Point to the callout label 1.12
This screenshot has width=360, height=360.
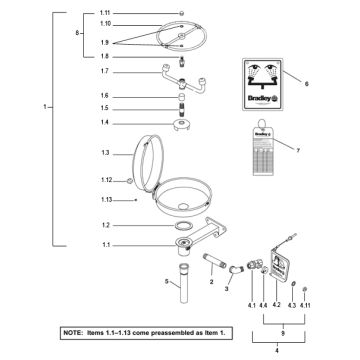point(107,180)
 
